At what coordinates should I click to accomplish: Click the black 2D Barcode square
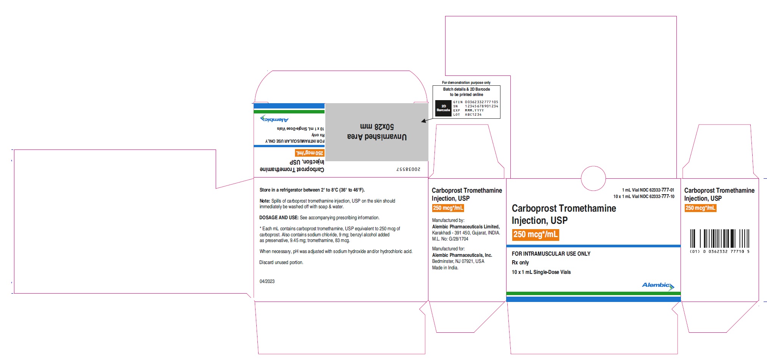pos(443,108)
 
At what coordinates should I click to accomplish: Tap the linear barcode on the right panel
pos(720,239)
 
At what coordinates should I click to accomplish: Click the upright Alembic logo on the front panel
pos(658,286)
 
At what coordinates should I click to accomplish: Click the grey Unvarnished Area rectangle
pos(376,132)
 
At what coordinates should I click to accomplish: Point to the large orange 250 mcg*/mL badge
pos(535,234)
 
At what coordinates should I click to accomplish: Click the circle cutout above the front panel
pos(593,178)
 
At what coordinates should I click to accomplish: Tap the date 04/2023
pos(267,281)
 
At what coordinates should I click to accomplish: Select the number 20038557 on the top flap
pos(408,169)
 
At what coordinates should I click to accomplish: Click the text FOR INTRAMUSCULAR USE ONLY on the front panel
pos(551,254)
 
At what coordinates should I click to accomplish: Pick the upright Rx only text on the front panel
pos(520,263)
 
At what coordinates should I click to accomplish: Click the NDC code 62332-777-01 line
pos(648,190)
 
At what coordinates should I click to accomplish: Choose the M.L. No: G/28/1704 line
pos(450,239)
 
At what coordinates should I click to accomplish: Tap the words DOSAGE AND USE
pos(279,218)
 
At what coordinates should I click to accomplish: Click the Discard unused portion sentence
pos(281,263)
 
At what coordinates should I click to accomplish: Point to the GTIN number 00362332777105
pos(482,102)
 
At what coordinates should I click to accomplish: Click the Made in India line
pos(445,268)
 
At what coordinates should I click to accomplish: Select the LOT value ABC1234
pos(473,115)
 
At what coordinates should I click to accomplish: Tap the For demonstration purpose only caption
pos(466,82)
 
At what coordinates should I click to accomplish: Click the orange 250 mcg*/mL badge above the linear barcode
pos(700,208)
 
